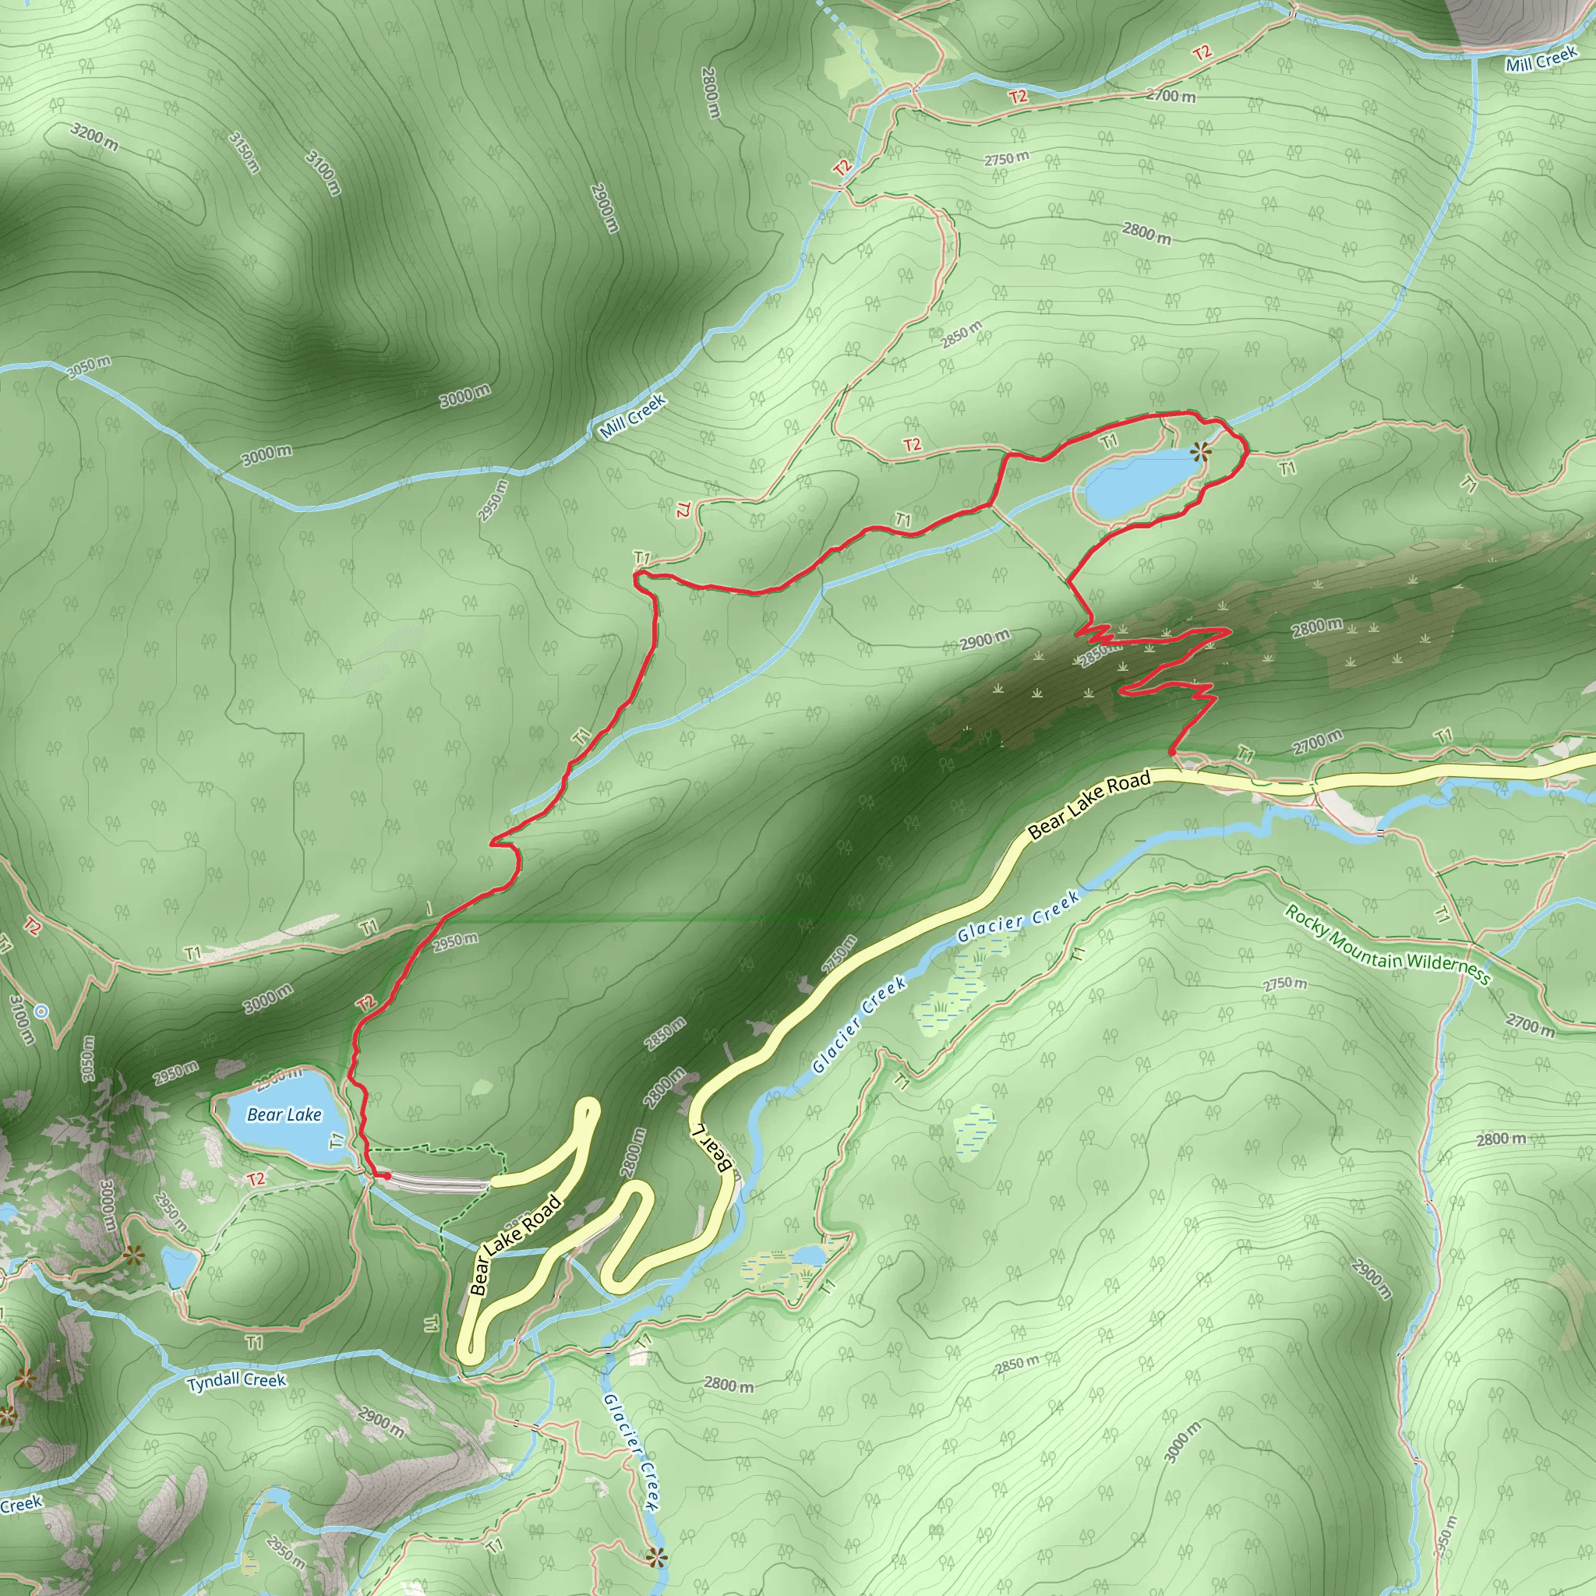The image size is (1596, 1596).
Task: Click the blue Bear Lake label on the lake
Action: click(x=284, y=1115)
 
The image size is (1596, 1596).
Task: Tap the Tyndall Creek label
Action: click(x=236, y=1381)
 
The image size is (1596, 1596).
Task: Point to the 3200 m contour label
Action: click(x=94, y=136)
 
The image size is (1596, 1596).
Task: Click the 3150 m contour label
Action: click(x=244, y=152)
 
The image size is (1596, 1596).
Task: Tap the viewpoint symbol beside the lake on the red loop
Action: click(x=1200, y=451)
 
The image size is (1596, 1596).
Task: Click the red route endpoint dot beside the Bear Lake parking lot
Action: click(x=387, y=1175)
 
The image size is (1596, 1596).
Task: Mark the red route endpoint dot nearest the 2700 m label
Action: click(x=1172, y=751)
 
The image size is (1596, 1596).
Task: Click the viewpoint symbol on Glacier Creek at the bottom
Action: click(x=657, y=1558)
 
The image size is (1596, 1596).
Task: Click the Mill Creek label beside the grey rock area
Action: click(x=1541, y=60)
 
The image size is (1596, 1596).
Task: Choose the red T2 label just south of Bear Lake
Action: click(x=256, y=1179)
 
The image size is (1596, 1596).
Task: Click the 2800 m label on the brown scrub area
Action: click(x=1318, y=627)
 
